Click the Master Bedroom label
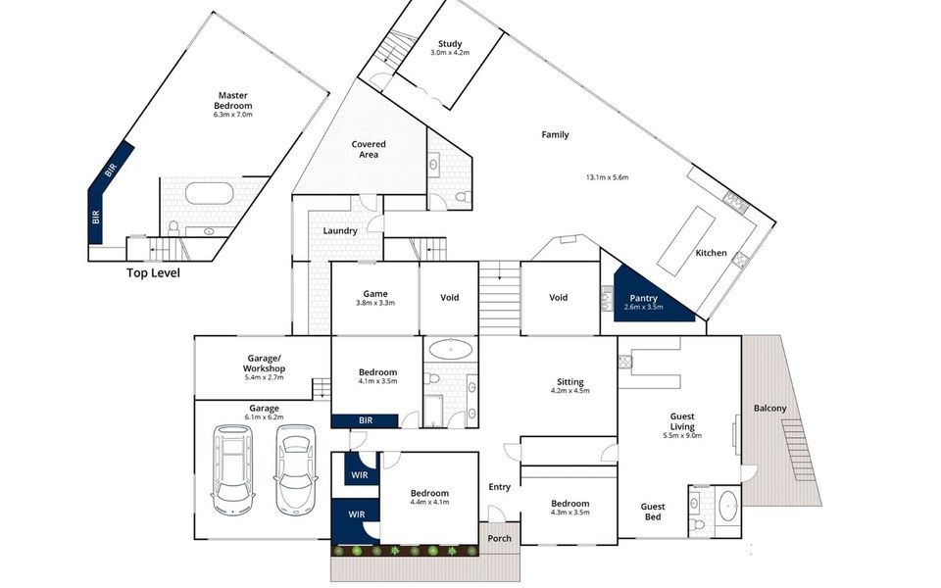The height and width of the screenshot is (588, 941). (x=233, y=101)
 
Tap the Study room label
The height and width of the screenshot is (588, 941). (x=450, y=44)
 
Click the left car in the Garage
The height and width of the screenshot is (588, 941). (x=233, y=470)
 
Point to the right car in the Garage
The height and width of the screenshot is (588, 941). (x=297, y=470)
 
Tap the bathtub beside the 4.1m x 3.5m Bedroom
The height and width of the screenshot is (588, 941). (x=451, y=349)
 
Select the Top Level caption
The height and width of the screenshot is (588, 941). (x=153, y=273)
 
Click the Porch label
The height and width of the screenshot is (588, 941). (x=500, y=538)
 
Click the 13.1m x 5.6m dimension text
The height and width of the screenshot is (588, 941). (x=607, y=177)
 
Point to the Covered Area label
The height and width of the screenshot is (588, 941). (x=369, y=149)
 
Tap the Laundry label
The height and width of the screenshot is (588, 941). (x=339, y=231)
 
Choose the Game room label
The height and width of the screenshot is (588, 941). (x=374, y=294)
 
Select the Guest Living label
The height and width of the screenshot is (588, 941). (x=681, y=420)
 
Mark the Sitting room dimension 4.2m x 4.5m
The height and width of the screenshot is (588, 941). (x=570, y=391)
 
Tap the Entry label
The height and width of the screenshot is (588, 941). (x=499, y=487)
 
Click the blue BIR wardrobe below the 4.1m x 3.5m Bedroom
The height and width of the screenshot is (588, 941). (x=365, y=420)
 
